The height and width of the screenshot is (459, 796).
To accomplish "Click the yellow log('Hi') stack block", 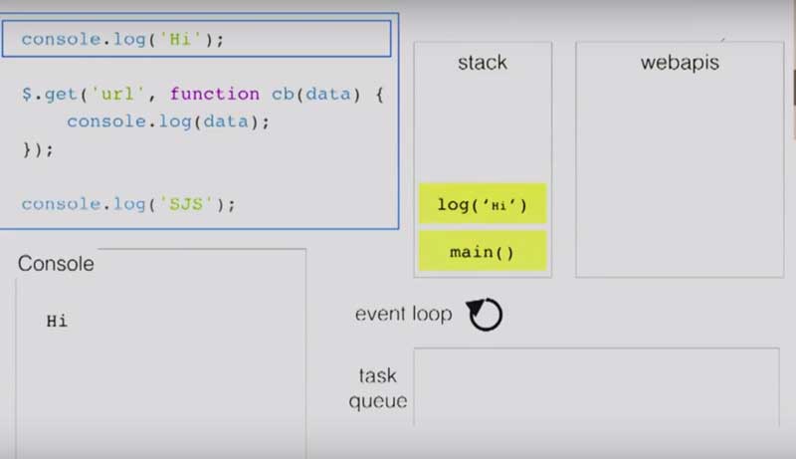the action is click(x=483, y=203).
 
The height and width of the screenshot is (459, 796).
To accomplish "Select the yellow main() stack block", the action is click(x=483, y=251).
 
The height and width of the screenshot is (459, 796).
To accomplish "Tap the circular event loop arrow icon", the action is click(x=485, y=315).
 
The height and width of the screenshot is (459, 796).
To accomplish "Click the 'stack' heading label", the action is click(x=483, y=63).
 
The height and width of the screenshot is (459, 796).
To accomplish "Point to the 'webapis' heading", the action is click(x=680, y=63).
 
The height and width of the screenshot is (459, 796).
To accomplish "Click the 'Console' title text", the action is click(x=56, y=264).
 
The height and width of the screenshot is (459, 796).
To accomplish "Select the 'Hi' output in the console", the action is click(x=57, y=321).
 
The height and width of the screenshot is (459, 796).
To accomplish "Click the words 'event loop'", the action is click(x=404, y=314).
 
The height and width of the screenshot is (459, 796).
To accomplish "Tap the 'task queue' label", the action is click(x=378, y=388).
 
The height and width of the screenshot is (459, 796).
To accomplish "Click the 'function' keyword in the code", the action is click(x=215, y=94).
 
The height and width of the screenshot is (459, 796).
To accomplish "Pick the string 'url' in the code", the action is click(x=117, y=94).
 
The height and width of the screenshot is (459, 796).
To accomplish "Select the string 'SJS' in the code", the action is click(x=186, y=204).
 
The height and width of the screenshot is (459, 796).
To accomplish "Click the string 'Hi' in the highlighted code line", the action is click(x=180, y=39).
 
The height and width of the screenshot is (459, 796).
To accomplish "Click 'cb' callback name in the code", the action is click(x=283, y=94).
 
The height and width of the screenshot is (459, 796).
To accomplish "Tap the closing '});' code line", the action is click(x=38, y=149).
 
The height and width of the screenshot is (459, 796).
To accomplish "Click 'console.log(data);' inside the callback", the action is click(x=168, y=121).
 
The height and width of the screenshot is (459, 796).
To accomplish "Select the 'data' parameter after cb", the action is click(x=328, y=94).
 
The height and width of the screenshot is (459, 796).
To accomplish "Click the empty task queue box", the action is click(x=596, y=387).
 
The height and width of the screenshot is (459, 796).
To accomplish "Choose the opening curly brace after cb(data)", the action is click(x=379, y=95).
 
